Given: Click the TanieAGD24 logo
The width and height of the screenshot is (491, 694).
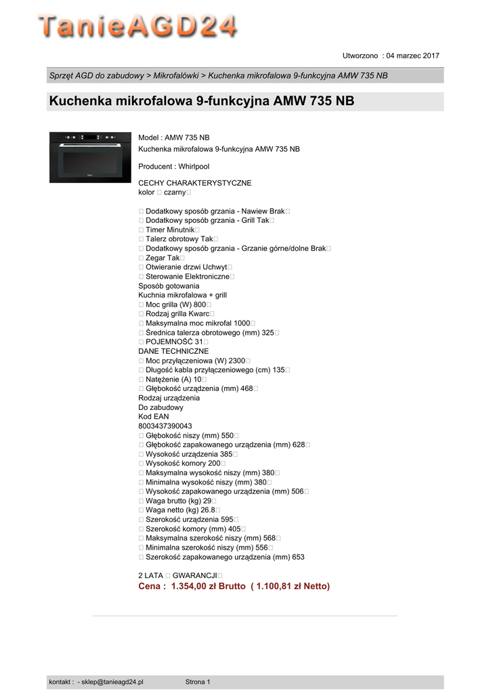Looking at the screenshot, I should (x=137, y=26).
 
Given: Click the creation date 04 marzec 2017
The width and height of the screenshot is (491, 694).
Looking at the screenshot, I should (x=412, y=55).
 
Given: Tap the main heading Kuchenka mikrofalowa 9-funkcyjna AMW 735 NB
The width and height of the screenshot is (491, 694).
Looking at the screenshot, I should (x=201, y=102).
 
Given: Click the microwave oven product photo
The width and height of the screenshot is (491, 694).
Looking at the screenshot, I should (x=90, y=157).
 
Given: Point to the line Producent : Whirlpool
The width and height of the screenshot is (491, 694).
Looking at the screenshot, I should (x=173, y=166).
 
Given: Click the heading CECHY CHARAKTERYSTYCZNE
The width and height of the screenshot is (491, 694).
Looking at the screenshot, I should (x=194, y=183).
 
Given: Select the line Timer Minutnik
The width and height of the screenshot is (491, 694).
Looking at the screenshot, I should (x=169, y=230).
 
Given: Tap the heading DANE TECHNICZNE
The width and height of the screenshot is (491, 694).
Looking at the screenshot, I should (x=173, y=351).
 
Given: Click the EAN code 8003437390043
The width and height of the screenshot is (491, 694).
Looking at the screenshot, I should (x=165, y=426).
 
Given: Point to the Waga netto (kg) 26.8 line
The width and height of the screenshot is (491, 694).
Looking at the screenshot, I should (x=179, y=510).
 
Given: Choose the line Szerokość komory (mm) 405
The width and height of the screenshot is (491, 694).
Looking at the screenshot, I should (x=193, y=529).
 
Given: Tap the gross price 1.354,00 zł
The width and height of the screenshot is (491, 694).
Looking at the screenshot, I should (x=196, y=586).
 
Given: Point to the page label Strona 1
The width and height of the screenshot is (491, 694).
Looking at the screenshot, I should (x=198, y=682).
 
